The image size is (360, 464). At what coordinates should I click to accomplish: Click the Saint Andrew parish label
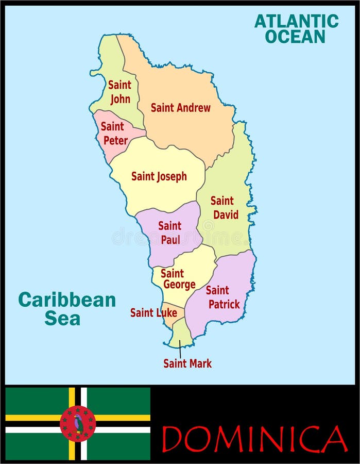tap(180, 108)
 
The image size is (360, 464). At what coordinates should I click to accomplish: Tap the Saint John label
tap(119, 92)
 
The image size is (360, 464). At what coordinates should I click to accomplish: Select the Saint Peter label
tap(113, 133)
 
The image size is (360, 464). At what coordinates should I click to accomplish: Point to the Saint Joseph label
tap(159, 176)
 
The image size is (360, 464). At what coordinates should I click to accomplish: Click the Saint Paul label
tap(169, 233)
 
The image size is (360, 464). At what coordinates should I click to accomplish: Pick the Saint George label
tap(178, 279)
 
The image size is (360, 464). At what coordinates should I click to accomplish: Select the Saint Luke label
tap(153, 312)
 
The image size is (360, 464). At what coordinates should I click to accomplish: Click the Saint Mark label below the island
tap(187, 363)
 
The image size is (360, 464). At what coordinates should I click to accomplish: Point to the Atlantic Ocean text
tap(297, 28)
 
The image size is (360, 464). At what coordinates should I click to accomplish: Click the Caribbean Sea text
tap(66, 308)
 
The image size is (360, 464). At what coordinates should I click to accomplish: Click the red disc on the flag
tap(78, 423)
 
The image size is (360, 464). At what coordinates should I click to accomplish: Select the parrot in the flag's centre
tap(78, 423)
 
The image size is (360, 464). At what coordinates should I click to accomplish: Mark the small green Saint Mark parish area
tap(181, 333)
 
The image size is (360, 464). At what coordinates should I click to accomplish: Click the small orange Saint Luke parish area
tap(168, 317)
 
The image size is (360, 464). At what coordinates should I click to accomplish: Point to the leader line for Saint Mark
tap(180, 350)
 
